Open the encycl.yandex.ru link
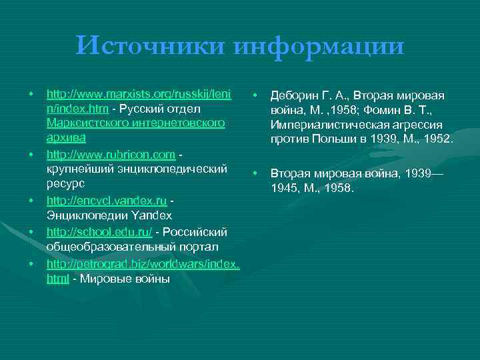click(107, 201)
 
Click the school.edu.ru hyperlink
click(99, 232)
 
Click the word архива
click(66, 139)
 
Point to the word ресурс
click(65, 185)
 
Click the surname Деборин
click(295, 95)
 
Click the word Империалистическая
click(326, 126)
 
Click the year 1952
click(437, 141)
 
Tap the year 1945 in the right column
click(285, 188)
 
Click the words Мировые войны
click(124, 279)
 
